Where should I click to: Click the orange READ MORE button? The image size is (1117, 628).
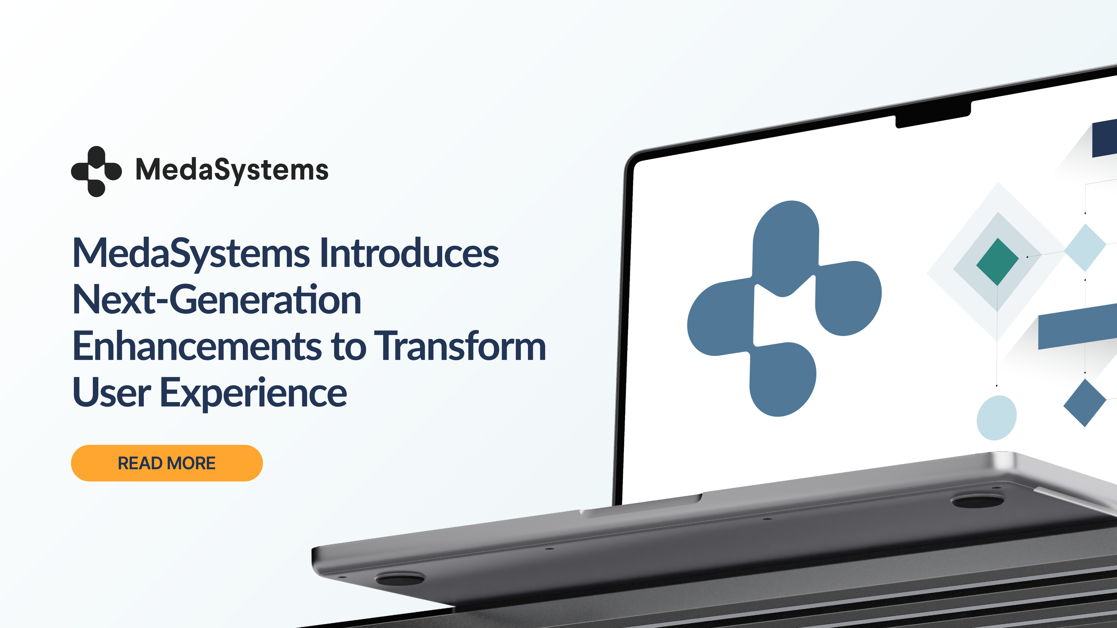[x=167, y=463]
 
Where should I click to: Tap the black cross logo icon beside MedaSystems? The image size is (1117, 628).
[x=96, y=171]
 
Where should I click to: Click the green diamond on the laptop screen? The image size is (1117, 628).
[x=997, y=261]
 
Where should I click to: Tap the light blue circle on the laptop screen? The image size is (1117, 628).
[x=997, y=418]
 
